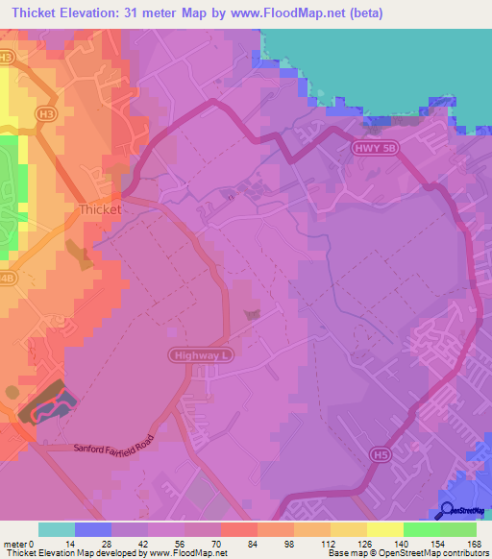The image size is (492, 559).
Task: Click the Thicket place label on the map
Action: click(x=99, y=208)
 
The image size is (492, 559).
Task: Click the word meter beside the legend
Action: click(x=15, y=543)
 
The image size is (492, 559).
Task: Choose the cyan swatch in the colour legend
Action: click(x=57, y=529)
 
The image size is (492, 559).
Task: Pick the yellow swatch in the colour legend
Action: click(x=384, y=529)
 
